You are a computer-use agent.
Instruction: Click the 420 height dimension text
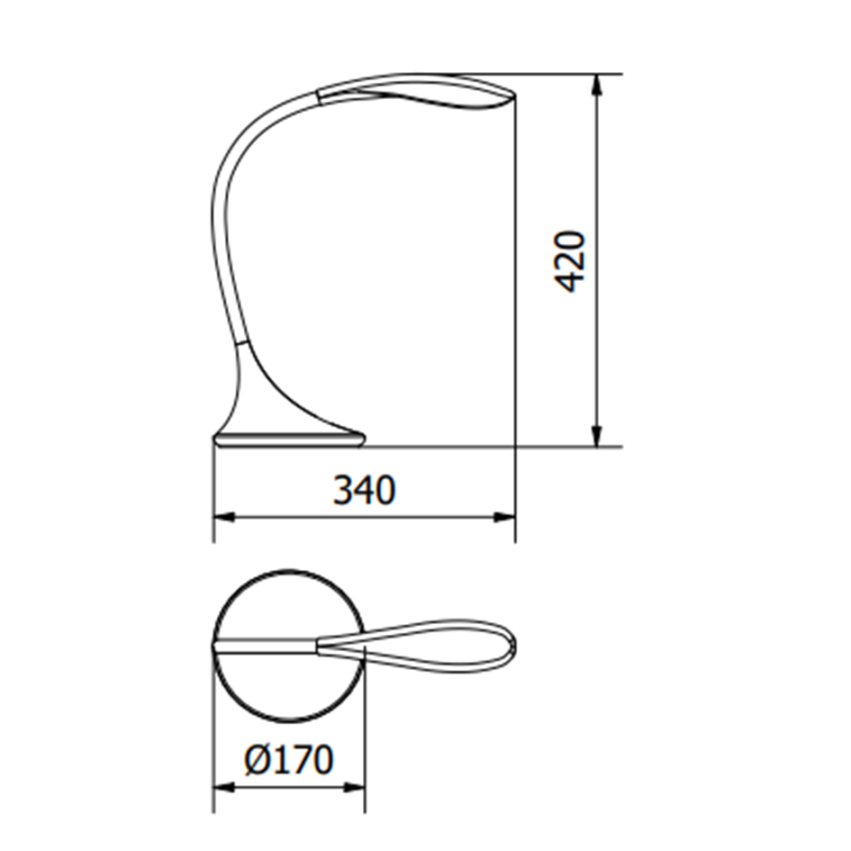[x=570, y=261]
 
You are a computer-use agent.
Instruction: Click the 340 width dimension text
[x=364, y=490]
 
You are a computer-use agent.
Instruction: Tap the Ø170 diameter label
[x=288, y=759]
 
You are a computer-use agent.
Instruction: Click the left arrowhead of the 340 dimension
[x=223, y=517]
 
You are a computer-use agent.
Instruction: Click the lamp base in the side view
[x=288, y=439]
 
